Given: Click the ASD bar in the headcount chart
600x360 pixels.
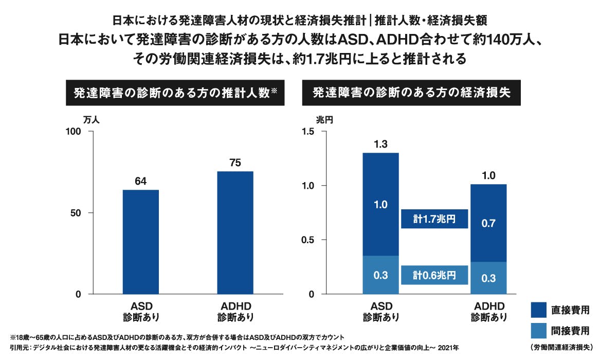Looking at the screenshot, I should click(141, 242).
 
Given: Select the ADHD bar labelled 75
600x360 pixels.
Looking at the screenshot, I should click(235, 232).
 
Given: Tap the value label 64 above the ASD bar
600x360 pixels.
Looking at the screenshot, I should click(141, 181).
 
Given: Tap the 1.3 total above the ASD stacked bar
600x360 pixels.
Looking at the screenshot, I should click(380, 144).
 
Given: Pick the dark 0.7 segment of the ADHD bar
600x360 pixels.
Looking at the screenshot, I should click(488, 223).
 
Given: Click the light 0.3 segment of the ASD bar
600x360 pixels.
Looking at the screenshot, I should click(380, 275).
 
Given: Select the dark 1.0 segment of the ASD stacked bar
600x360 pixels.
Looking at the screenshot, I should click(380, 204).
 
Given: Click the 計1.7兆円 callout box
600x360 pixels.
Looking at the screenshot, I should click(434, 219).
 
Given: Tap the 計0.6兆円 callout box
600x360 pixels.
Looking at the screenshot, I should click(434, 275).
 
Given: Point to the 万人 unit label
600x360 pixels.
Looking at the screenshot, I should click(91, 120).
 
